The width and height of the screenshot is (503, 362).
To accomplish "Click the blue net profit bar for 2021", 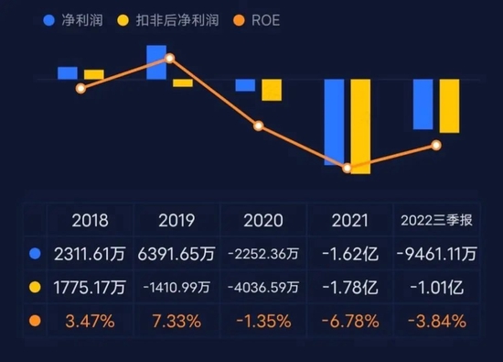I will pos(334,121).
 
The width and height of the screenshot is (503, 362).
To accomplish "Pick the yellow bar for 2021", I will pos(360,126).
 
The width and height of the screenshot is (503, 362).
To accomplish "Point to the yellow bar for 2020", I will pos(272,90).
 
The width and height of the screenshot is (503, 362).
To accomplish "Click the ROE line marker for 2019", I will pos(169,58).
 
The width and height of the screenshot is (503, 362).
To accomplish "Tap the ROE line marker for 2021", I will pos(348,168).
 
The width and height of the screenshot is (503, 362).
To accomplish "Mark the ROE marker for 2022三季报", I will pos(436,145).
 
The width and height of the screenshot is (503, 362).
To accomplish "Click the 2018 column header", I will pos(90,220).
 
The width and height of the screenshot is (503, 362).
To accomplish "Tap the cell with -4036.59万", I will pos(262,287).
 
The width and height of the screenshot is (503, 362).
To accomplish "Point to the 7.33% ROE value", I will pos(177,321).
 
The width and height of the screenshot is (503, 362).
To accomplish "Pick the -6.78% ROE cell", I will pos(350,321).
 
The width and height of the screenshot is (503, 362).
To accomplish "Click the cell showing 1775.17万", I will pos(90,287).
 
